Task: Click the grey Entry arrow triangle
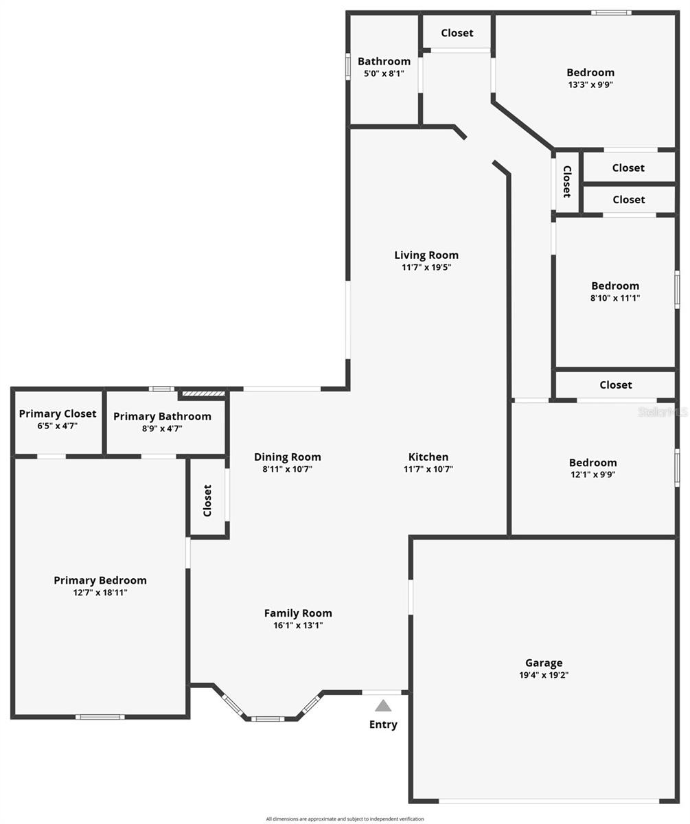tap(382, 705)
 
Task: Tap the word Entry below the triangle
tap(383, 724)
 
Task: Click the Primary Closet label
tap(58, 413)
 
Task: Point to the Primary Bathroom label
tap(162, 416)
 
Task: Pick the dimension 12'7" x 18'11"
tap(100, 592)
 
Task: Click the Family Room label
tap(298, 613)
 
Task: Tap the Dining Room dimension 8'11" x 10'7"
tap(287, 469)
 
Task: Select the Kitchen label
tap(428, 457)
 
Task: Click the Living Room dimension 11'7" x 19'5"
tap(426, 267)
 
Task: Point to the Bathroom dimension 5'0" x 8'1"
tap(384, 73)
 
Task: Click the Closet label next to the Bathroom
tap(457, 33)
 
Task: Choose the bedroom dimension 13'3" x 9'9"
tap(590, 84)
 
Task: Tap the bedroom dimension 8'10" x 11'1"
tap(615, 298)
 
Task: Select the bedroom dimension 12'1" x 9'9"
tap(593, 474)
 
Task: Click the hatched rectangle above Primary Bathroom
tap(204, 393)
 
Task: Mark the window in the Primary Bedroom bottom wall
tap(100, 717)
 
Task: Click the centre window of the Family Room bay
tap(268, 719)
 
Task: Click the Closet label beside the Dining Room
tap(207, 501)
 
